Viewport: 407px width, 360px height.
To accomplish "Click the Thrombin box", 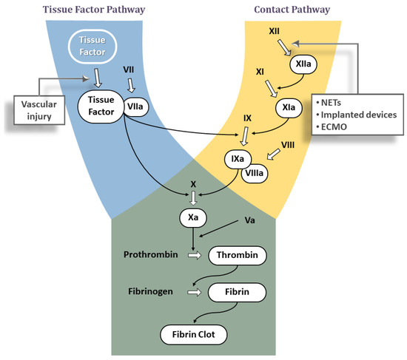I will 237,256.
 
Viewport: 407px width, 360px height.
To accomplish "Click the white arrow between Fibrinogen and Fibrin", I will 194,292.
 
